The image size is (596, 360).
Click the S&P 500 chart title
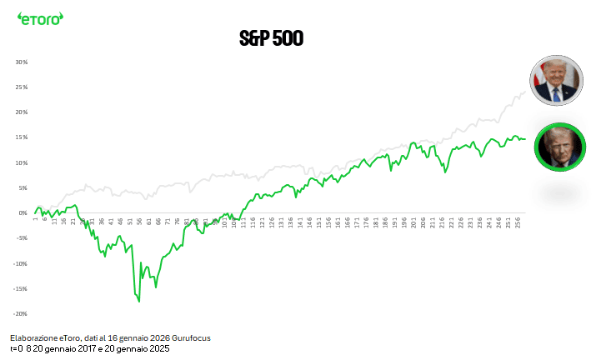click(x=271, y=38)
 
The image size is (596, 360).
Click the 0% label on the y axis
click(x=24, y=212)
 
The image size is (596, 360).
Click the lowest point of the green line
click(x=139, y=301)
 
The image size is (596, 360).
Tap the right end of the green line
click(x=524, y=139)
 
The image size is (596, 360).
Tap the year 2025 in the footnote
click(x=158, y=349)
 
